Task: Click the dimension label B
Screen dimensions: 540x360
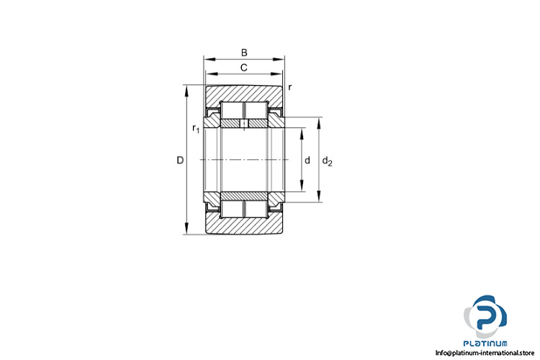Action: [x=244, y=53]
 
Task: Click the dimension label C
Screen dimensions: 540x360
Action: [x=244, y=68]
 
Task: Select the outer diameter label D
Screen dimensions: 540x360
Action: [x=180, y=160]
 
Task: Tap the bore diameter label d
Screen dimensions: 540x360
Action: [x=307, y=160]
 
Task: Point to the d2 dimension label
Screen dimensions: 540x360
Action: [x=327, y=161]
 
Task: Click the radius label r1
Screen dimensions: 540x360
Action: [x=196, y=129]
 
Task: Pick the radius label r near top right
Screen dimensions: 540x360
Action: [x=290, y=88]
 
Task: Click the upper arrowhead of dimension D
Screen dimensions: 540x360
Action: [x=186, y=91]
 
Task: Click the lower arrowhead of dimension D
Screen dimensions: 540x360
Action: [x=186, y=229]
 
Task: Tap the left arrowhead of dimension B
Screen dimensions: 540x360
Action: [x=209, y=59]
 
